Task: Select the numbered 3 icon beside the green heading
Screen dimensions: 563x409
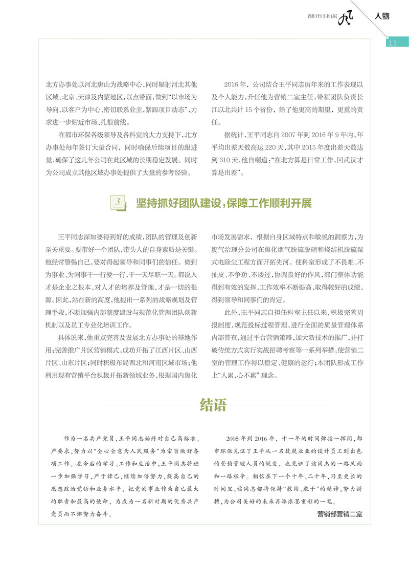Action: click(118, 203)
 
